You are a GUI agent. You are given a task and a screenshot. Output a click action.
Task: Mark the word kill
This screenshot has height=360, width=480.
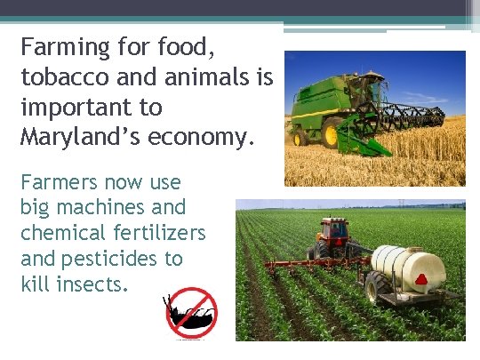[34, 284]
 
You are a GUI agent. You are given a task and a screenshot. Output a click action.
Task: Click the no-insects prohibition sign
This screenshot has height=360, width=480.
[192, 313]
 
